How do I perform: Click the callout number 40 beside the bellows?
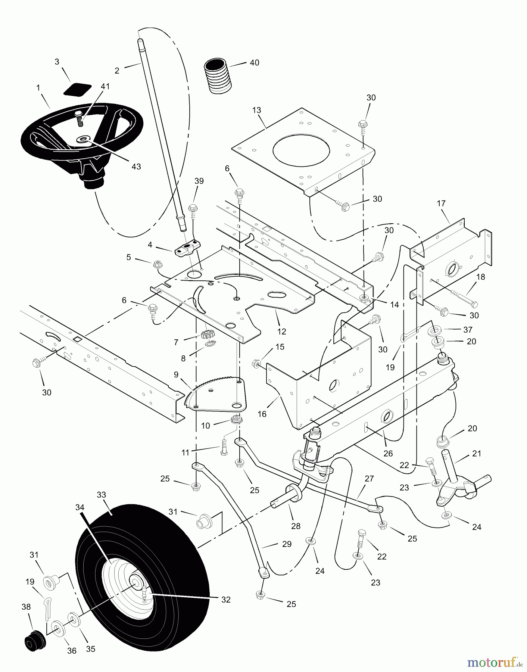254,63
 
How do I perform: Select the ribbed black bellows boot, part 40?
218,77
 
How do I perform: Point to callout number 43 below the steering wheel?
136,167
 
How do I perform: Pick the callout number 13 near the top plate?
256,111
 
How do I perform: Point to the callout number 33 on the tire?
101,495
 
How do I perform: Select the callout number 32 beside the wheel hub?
226,600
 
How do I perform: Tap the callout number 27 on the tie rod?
369,479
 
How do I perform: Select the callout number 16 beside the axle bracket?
262,414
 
